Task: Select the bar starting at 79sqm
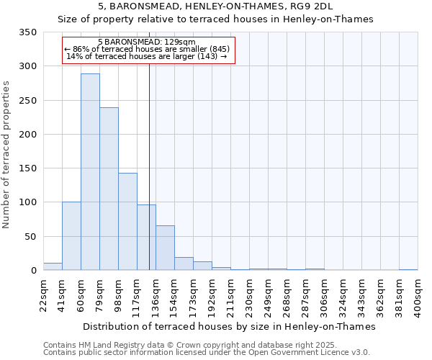pyautogui.click(x=109, y=189)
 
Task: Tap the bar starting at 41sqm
pyautogui.click(x=71, y=236)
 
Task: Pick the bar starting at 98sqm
pyautogui.click(x=127, y=222)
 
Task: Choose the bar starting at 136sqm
pyautogui.click(x=165, y=248)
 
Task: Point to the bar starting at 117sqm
pyautogui.click(x=146, y=238)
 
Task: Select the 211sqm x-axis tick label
pyautogui.click(x=230, y=296)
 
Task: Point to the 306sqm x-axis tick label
pyautogui.click(x=324, y=296)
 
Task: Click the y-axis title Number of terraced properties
pyautogui.click(x=6, y=154)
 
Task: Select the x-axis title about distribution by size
pyautogui.click(x=230, y=326)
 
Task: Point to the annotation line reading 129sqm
pyautogui.click(x=145, y=42)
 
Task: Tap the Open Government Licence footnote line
pyautogui.click(x=207, y=353)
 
